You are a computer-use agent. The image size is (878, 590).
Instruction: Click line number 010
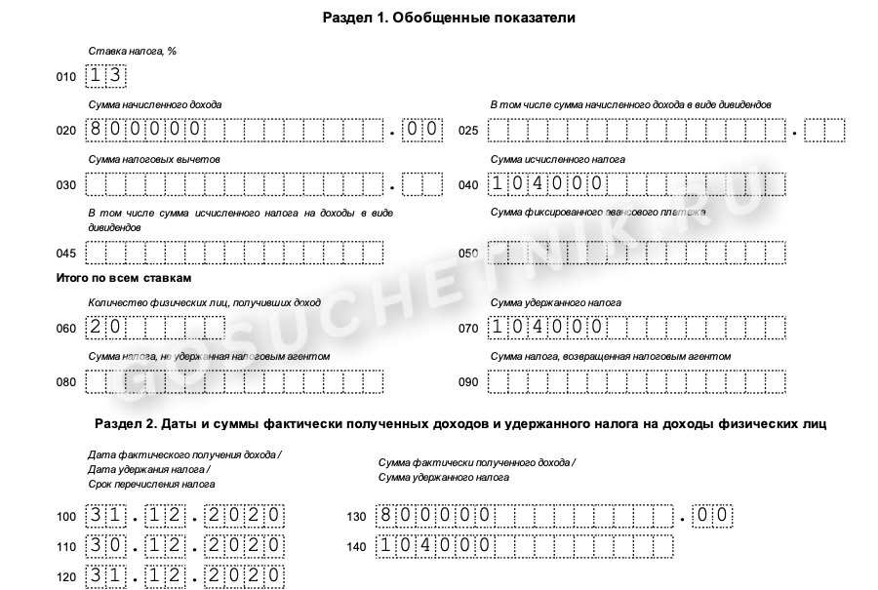coord(66,77)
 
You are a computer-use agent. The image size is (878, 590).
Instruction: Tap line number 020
coord(66,131)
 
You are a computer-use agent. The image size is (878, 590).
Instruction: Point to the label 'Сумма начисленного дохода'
coord(154,104)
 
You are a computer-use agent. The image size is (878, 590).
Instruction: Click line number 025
coord(468,131)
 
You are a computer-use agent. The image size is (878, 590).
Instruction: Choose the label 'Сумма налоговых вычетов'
coord(154,159)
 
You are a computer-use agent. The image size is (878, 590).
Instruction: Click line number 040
coord(468,185)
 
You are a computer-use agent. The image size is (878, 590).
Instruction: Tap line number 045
coord(66,254)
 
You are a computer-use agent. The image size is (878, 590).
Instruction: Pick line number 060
coord(66,329)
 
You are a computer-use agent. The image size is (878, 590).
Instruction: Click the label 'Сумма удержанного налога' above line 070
coord(555,303)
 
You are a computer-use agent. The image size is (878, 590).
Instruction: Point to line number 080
coord(66,382)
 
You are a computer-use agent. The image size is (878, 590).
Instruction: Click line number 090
coord(468,382)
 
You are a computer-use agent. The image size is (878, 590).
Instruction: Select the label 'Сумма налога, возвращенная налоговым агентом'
coord(610,357)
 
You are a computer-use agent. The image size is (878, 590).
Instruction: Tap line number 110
coord(66,546)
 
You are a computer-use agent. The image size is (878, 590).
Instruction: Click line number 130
coord(357,516)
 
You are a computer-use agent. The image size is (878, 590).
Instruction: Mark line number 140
coord(357,546)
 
